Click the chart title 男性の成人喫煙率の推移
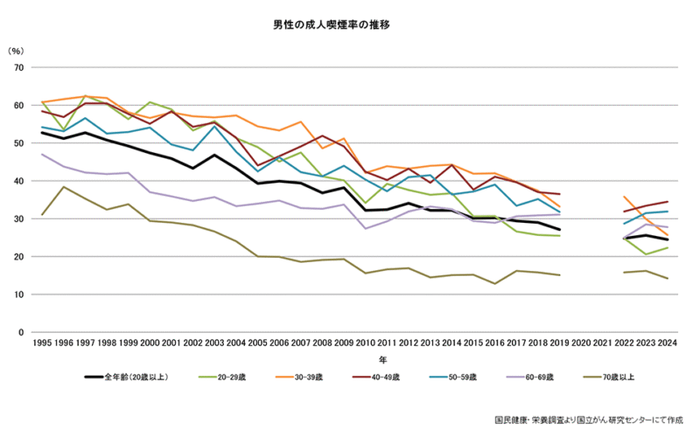(350, 25)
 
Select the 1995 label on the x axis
(41, 344)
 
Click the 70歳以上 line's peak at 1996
(63, 187)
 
